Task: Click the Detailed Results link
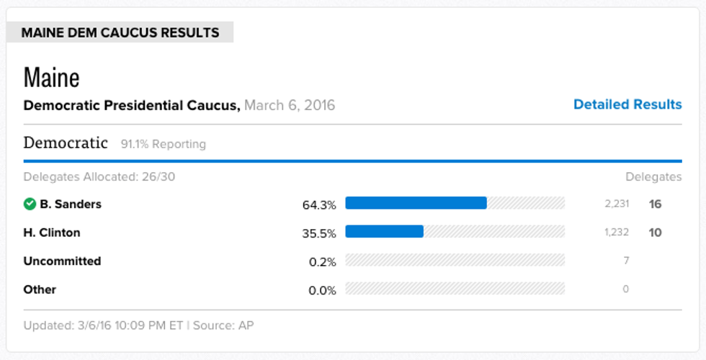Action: (x=627, y=104)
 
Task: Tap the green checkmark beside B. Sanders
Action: (x=30, y=204)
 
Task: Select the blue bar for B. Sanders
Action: (x=416, y=203)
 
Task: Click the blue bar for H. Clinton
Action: (x=384, y=231)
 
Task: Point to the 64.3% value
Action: (x=319, y=204)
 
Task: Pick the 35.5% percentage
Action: (x=319, y=233)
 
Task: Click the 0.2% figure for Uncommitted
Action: (x=322, y=262)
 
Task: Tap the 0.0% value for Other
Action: (x=322, y=290)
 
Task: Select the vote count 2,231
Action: (x=617, y=204)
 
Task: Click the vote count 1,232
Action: (x=617, y=232)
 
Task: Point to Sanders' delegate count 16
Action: (x=655, y=204)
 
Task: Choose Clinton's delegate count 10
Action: (x=655, y=233)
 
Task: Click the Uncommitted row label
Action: (x=62, y=261)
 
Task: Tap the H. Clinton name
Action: (x=52, y=233)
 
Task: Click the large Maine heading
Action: (x=51, y=76)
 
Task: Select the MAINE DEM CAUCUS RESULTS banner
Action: (x=120, y=32)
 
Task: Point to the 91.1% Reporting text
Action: (x=164, y=144)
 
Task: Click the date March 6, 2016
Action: (x=290, y=105)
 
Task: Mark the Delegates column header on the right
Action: (x=653, y=176)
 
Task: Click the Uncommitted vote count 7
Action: (x=626, y=261)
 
